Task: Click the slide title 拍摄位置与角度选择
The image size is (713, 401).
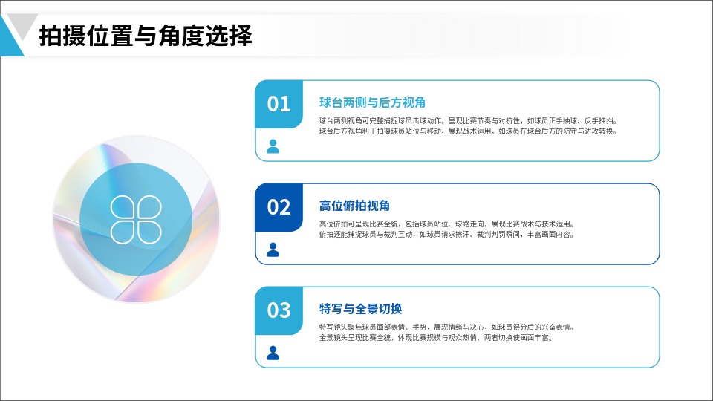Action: pos(146,36)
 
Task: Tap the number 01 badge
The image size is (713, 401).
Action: pos(279,104)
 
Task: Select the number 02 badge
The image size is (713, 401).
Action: pos(279,207)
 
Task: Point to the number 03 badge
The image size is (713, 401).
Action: pos(279,310)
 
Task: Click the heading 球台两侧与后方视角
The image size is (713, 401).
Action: pos(372,102)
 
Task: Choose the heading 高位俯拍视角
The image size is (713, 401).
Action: pos(354,206)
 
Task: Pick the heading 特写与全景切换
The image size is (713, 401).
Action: pos(360,309)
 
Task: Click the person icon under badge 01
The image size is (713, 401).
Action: pos(273,146)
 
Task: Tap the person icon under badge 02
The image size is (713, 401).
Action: pos(273,250)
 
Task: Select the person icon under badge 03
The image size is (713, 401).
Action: pos(273,353)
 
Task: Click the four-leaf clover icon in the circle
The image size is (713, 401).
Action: pos(136,220)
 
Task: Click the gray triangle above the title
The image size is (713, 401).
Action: pos(22,25)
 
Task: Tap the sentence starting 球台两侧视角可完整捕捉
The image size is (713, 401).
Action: pos(469,121)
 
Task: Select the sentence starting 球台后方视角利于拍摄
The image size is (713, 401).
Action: pos(468,131)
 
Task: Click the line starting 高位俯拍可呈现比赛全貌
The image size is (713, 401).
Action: pos(447,224)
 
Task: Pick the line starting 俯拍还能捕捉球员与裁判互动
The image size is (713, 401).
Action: pos(446,235)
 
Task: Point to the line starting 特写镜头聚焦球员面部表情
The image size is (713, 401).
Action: pos(447,327)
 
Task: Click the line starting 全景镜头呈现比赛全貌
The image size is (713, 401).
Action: pos(436,338)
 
